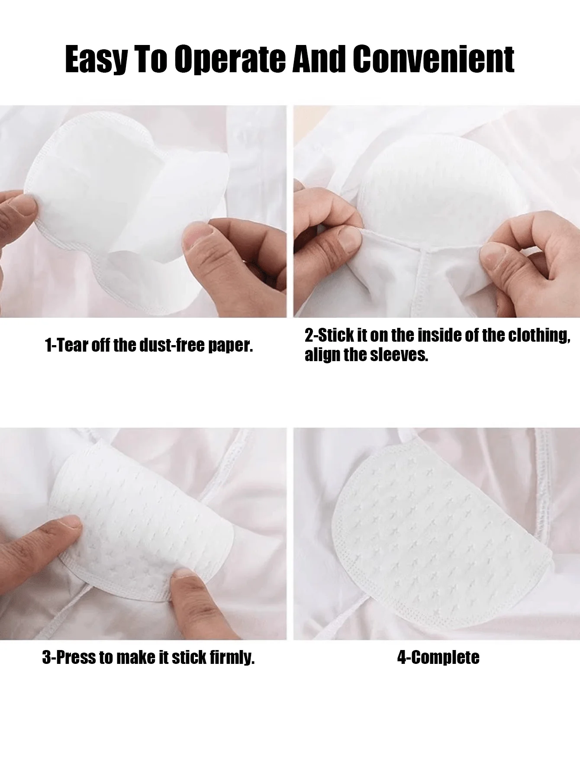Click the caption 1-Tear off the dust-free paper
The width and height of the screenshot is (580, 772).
pyautogui.click(x=149, y=345)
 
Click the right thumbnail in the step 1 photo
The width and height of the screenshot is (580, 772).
pyautogui.click(x=197, y=235)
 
